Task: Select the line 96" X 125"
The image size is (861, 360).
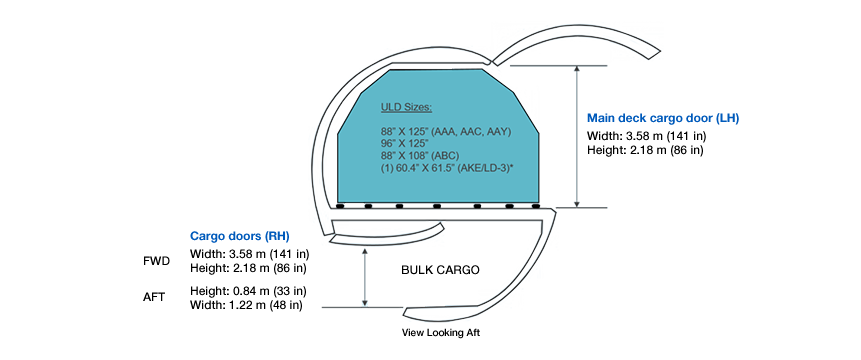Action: pos(404,143)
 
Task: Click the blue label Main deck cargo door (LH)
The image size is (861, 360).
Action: pos(662,118)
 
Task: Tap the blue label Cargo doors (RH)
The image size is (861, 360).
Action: pos(239,236)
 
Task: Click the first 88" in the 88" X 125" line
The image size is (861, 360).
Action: pos(387,131)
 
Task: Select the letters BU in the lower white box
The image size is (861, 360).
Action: pos(410,270)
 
